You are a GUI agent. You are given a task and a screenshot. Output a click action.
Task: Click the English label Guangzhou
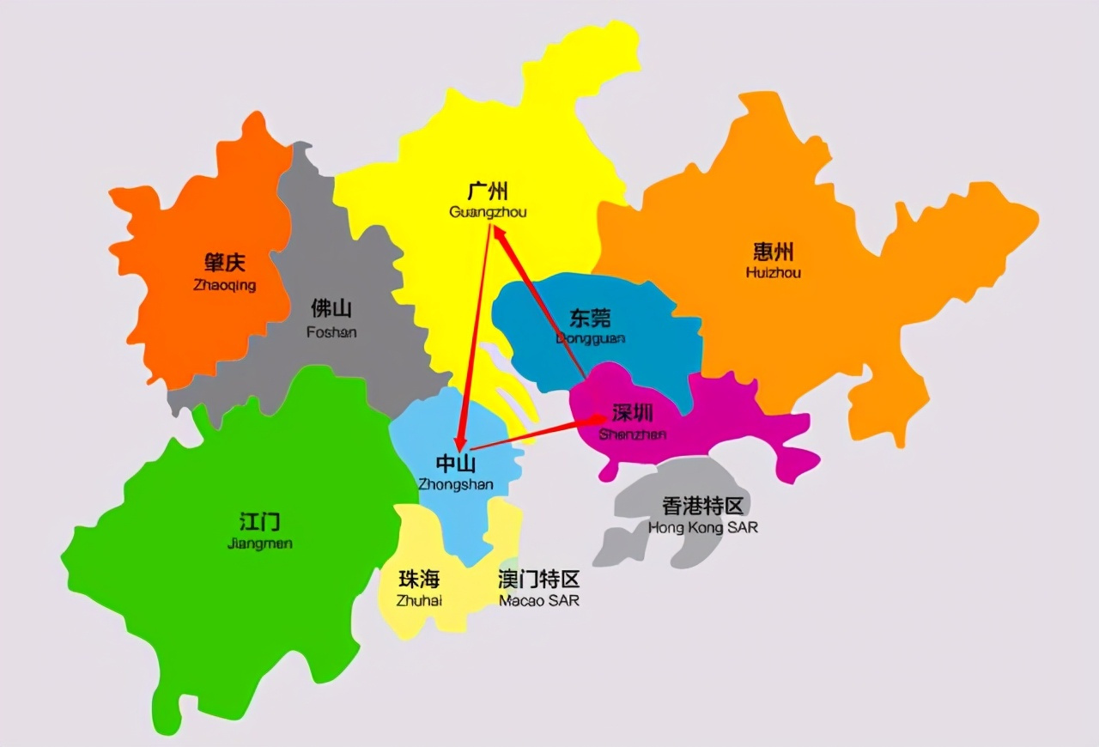(488, 212)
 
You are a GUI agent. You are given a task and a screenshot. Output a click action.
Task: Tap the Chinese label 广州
(488, 191)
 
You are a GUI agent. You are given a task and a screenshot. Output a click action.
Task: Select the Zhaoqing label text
(225, 285)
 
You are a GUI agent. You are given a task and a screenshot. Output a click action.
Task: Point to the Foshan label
(331, 331)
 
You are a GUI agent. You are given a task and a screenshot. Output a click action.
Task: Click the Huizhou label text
(774, 273)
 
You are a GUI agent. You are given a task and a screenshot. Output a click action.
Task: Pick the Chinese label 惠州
(774, 252)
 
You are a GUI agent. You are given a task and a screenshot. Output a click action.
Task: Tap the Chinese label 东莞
(591, 319)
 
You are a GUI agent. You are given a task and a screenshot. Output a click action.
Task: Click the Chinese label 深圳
(634, 413)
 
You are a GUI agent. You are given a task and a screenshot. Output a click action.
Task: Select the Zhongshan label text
(456, 484)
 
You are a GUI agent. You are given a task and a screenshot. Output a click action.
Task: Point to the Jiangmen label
(260, 544)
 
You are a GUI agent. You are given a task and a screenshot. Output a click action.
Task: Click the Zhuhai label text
(419, 600)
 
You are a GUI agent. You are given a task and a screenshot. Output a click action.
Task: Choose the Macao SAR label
(539, 600)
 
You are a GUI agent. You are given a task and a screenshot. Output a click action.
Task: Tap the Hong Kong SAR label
(703, 527)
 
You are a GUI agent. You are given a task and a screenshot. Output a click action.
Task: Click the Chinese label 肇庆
(225, 263)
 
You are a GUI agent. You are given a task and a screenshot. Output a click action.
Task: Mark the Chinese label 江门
(259, 521)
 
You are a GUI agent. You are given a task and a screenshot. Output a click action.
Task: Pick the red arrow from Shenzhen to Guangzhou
(541, 305)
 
